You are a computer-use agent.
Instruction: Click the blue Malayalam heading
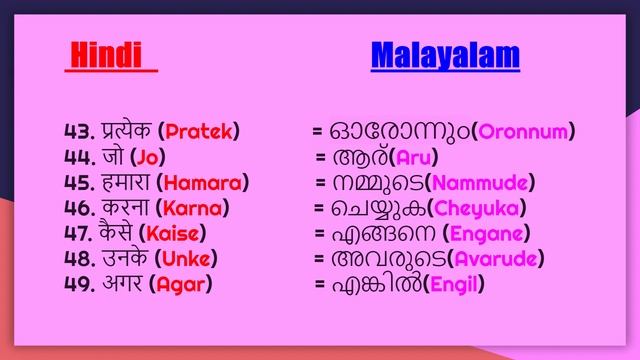click(x=445, y=56)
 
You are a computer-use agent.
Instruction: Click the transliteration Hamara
click(x=205, y=182)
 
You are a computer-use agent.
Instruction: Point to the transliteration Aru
click(x=416, y=157)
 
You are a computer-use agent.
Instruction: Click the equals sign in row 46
click(x=319, y=208)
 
